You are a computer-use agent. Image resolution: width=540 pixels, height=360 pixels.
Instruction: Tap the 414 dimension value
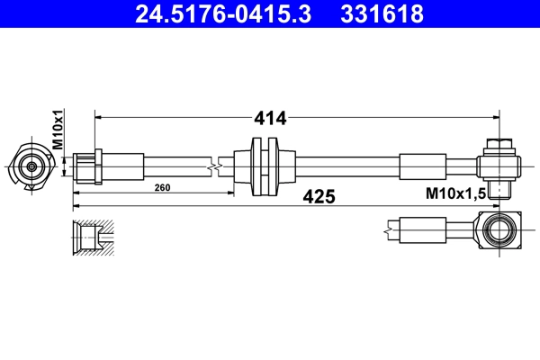(271, 117)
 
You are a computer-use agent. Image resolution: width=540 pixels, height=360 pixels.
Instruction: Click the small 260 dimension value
(163, 188)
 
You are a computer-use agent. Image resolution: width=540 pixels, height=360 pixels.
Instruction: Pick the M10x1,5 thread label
(454, 193)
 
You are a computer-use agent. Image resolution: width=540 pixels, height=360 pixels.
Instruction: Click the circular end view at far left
(31, 166)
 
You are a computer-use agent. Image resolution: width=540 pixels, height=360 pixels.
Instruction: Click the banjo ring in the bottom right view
(499, 232)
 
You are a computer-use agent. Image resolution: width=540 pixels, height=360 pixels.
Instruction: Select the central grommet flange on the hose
(265, 166)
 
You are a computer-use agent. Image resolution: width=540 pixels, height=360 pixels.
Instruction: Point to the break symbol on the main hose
(212, 166)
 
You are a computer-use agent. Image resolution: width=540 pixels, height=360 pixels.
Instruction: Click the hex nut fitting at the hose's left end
(88, 166)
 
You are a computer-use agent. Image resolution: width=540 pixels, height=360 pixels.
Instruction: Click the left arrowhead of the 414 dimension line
(100, 117)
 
